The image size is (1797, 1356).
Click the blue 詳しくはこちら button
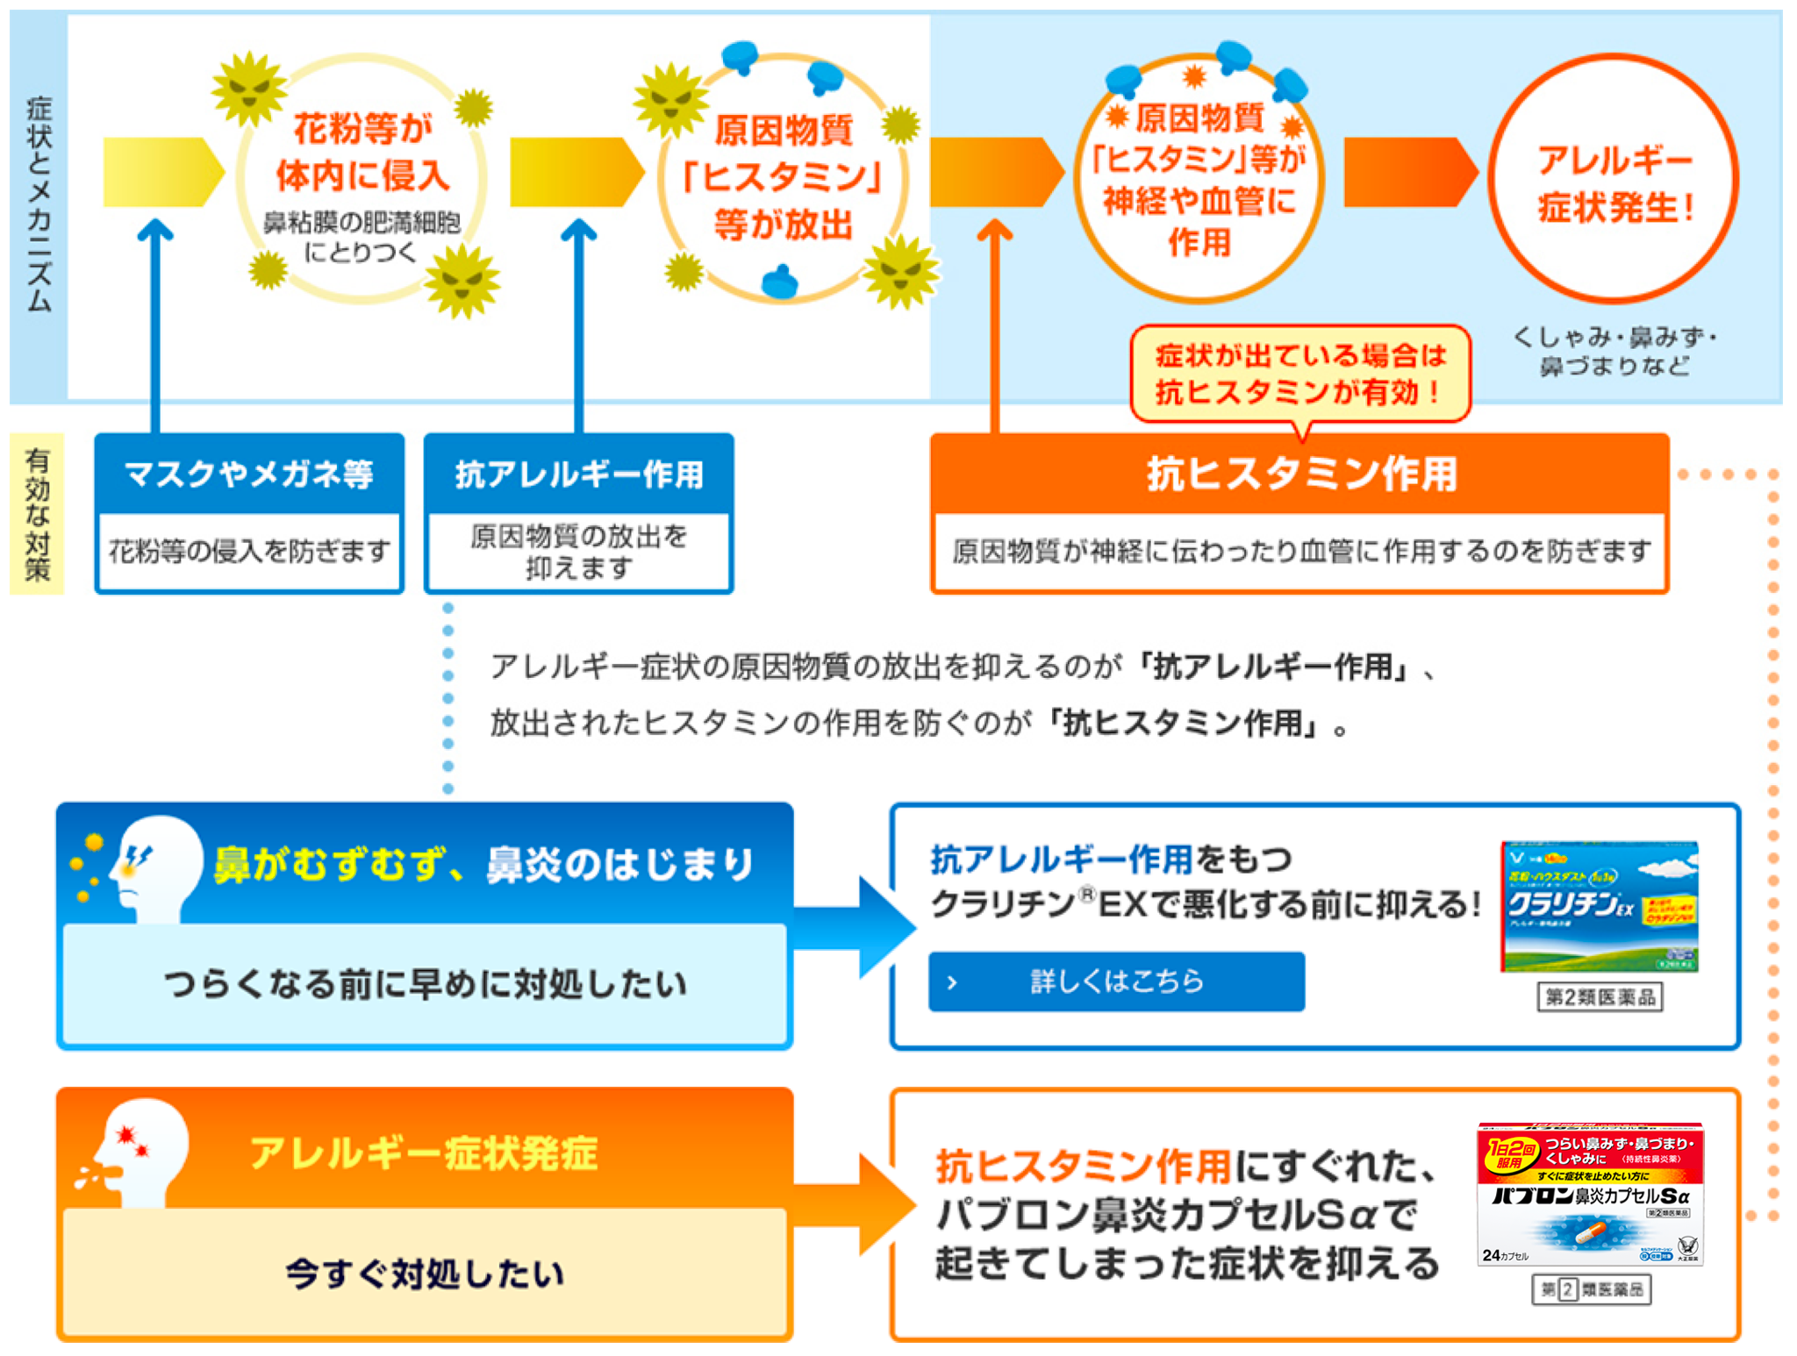pyautogui.click(x=1115, y=981)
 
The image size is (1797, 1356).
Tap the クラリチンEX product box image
pyautogui.click(x=1599, y=906)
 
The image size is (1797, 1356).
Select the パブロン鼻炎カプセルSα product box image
pyautogui.click(x=1590, y=1194)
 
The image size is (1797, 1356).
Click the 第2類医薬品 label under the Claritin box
pyautogui.click(x=1600, y=997)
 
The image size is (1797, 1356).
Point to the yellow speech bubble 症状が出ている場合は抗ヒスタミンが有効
pyautogui.click(x=1299, y=374)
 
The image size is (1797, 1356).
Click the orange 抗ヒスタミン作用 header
pyautogui.click(x=1299, y=474)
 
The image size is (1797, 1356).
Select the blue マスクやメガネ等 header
pyautogui.click(x=249, y=474)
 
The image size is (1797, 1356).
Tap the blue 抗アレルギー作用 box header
pyautogui.click(x=578, y=474)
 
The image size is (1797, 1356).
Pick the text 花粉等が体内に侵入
pyautogui.click(x=362, y=152)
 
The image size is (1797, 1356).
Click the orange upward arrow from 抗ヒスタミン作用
pyautogui.click(x=994, y=325)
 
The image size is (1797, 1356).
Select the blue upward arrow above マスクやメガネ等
pyautogui.click(x=155, y=325)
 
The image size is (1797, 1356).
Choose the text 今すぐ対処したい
pyautogui.click(x=425, y=1273)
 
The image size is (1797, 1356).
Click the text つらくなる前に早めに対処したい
pyautogui.click(x=425, y=984)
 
